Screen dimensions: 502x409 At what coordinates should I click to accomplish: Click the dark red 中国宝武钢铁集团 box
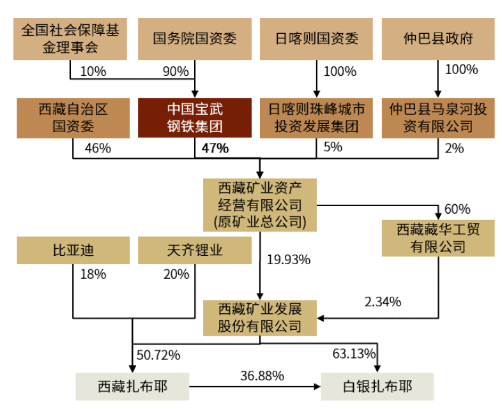click(195, 118)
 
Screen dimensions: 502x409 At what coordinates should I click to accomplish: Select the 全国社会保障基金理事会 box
click(70, 39)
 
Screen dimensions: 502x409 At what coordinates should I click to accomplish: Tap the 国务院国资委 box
click(195, 39)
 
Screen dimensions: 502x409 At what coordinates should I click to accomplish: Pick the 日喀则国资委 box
click(316, 39)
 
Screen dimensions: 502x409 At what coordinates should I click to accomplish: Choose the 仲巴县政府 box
click(438, 39)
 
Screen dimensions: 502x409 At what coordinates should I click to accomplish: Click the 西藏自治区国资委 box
click(73, 118)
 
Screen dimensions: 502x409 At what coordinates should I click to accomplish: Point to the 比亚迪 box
click(73, 250)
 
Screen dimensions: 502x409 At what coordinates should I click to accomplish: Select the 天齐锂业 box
click(195, 250)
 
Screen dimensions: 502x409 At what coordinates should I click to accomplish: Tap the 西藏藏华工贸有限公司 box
click(438, 238)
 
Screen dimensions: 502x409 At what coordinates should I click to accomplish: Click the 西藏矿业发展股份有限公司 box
click(260, 318)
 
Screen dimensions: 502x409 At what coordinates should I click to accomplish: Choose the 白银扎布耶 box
click(377, 386)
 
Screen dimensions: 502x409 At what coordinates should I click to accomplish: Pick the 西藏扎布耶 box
click(133, 386)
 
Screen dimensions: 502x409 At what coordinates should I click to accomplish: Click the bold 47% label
click(215, 149)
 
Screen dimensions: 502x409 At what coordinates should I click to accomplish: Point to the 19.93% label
click(289, 260)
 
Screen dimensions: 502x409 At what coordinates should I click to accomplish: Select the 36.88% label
click(262, 376)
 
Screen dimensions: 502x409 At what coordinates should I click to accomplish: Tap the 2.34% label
click(383, 302)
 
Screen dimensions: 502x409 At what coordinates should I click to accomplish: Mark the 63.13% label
click(354, 353)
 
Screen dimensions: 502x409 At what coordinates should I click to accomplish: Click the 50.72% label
click(158, 355)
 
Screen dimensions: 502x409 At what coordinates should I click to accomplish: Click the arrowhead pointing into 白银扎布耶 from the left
click(317, 387)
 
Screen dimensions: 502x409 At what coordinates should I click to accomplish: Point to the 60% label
click(457, 209)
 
